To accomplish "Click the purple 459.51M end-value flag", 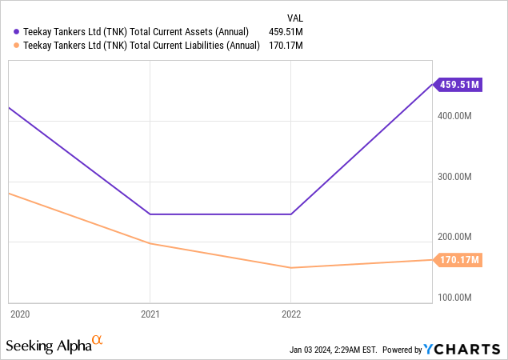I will click(458, 84).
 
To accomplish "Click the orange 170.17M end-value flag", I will click(458, 259).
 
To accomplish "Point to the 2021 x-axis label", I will click(149, 314).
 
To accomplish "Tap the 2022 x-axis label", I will click(290, 314).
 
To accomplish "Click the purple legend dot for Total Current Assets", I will click(18, 31).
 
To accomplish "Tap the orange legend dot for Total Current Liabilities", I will click(18, 46).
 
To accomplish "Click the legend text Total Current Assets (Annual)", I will click(137, 31).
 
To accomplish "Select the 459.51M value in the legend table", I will click(286, 31).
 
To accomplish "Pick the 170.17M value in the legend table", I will click(286, 46).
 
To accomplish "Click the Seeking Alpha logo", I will click(54, 345).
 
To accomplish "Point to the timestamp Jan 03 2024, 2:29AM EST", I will click(334, 350).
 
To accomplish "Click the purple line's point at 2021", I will click(149, 214).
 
